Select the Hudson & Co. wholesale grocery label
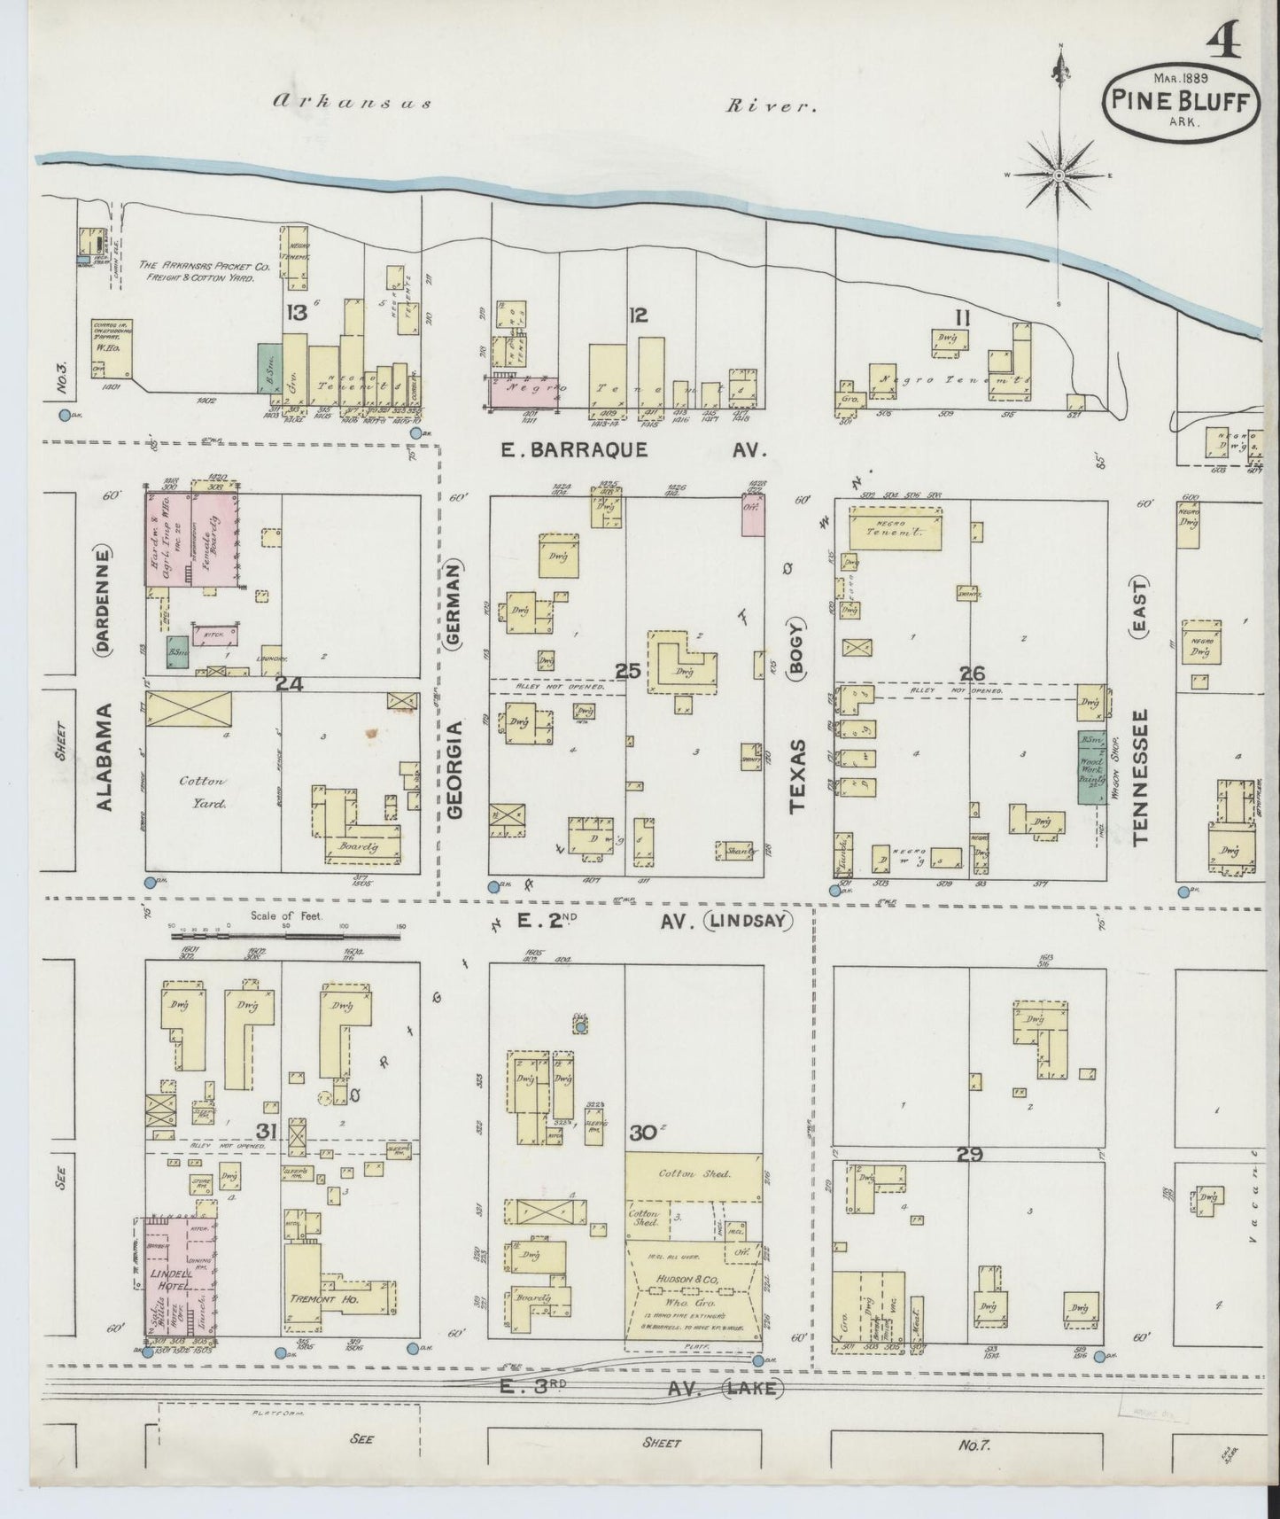[x=694, y=1280]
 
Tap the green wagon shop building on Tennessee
[x=1089, y=767]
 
